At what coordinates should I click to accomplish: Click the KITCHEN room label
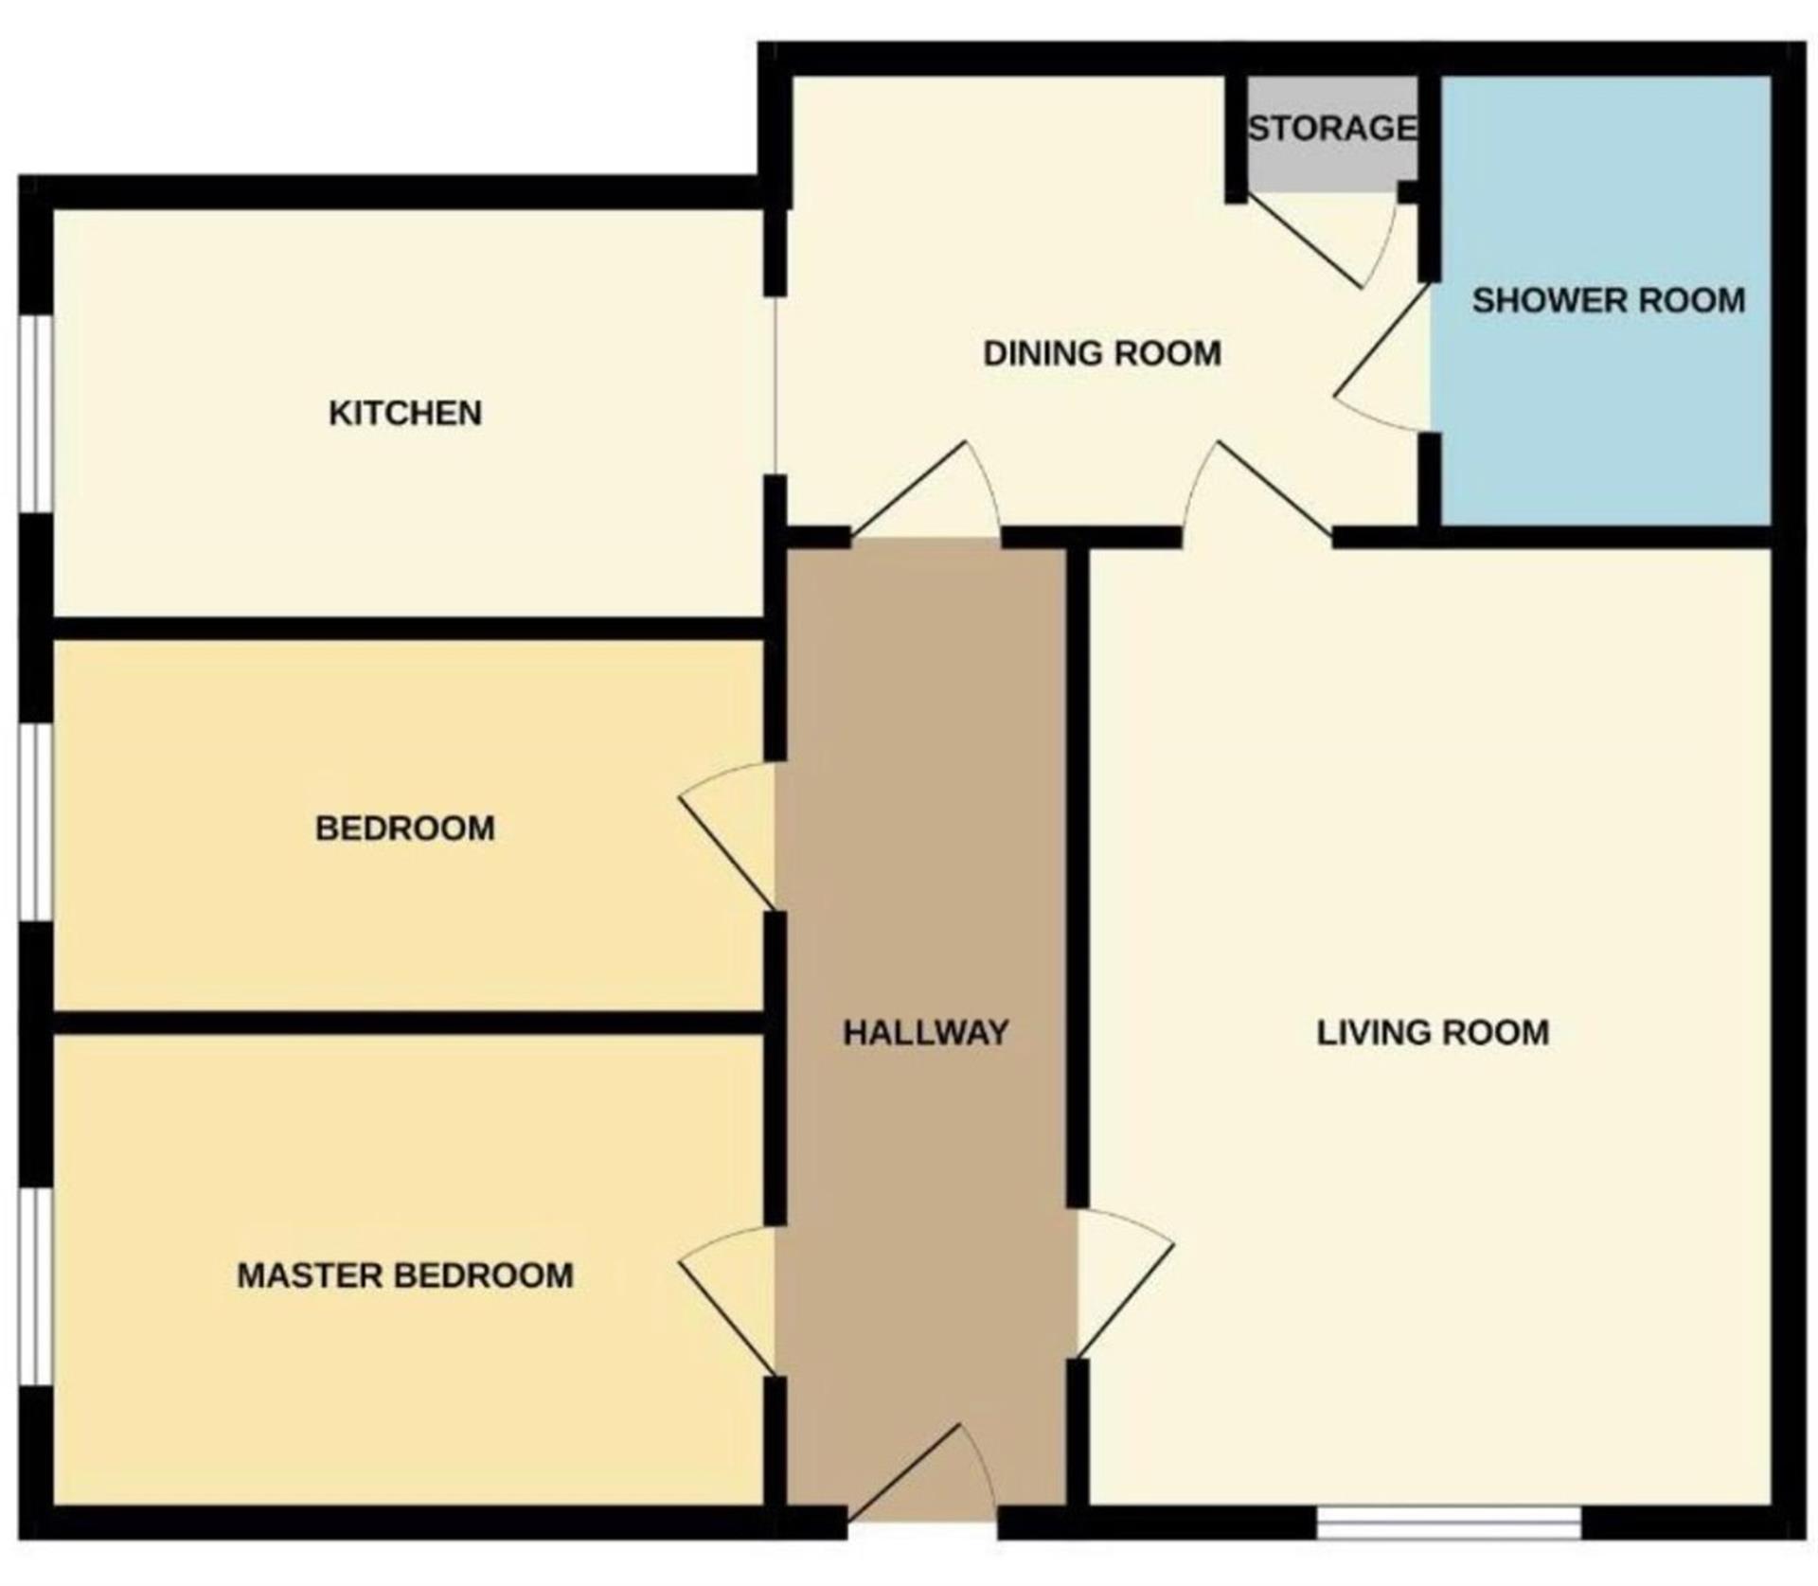(405, 413)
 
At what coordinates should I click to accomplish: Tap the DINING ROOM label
(1102, 353)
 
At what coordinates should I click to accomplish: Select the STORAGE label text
(1332, 128)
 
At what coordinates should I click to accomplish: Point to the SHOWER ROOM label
(1608, 300)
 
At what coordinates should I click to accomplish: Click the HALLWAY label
(926, 1032)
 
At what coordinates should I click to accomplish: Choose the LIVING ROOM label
(1433, 1032)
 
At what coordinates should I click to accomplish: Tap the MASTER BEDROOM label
(405, 1275)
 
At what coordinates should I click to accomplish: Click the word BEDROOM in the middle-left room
(405, 829)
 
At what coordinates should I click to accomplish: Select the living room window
(1449, 1524)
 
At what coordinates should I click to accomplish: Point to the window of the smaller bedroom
(36, 822)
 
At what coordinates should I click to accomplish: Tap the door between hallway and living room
(1126, 1284)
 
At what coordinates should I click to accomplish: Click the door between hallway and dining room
(925, 491)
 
